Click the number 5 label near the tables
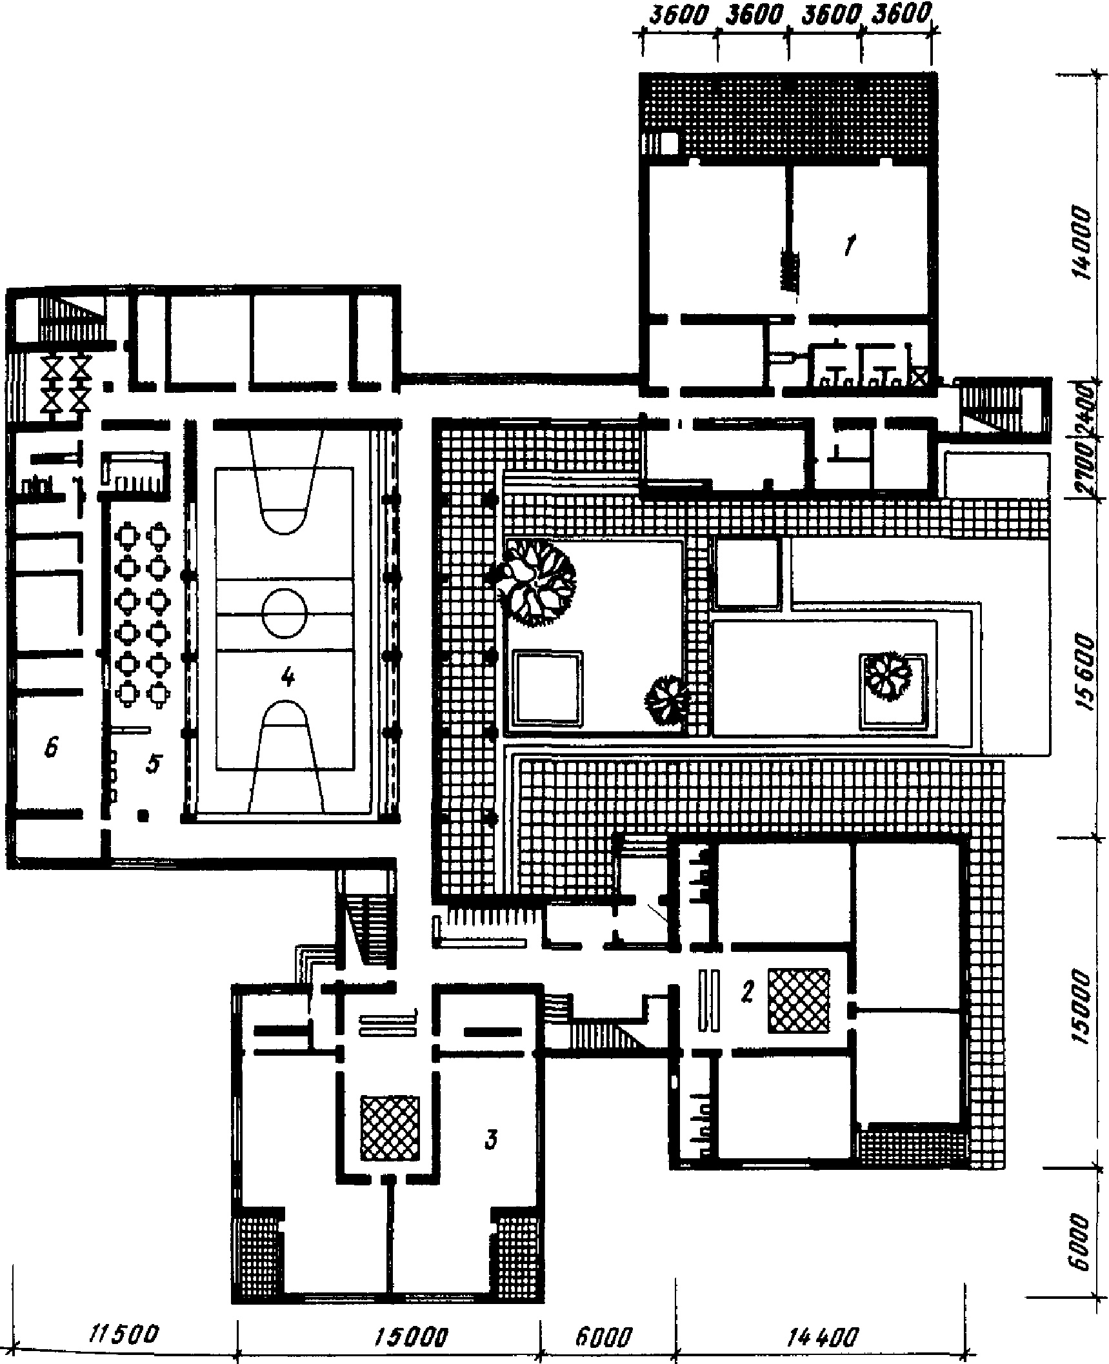tap(152, 764)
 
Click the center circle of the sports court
tap(285, 612)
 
